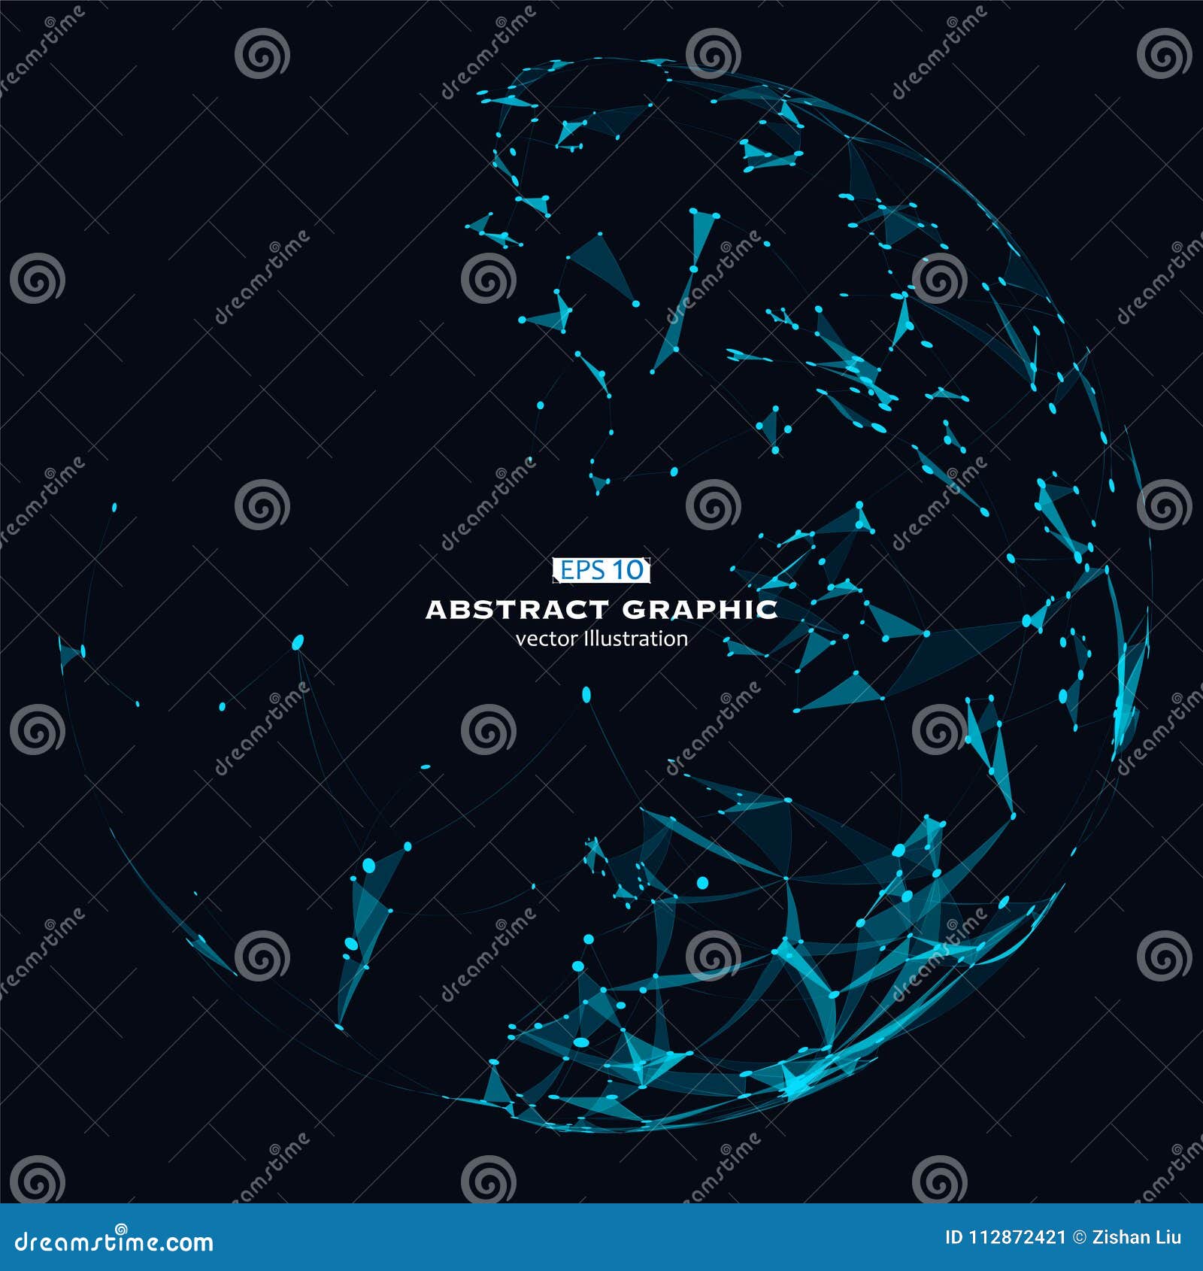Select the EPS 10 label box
tap(601, 570)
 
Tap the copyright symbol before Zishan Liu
tap(1079, 1237)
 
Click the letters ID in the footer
tap(953, 1237)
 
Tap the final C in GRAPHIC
tap(768, 609)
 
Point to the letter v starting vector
tap(520, 639)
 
